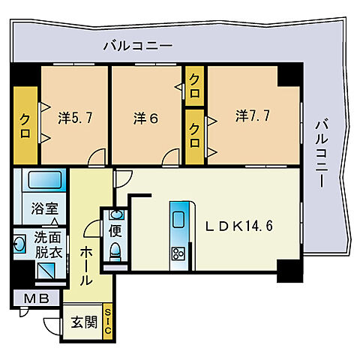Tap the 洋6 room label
[x=145, y=118]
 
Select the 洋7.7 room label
[x=252, y=116]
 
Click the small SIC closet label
[x=108, y=321]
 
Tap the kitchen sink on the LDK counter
[x=178, y=220]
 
